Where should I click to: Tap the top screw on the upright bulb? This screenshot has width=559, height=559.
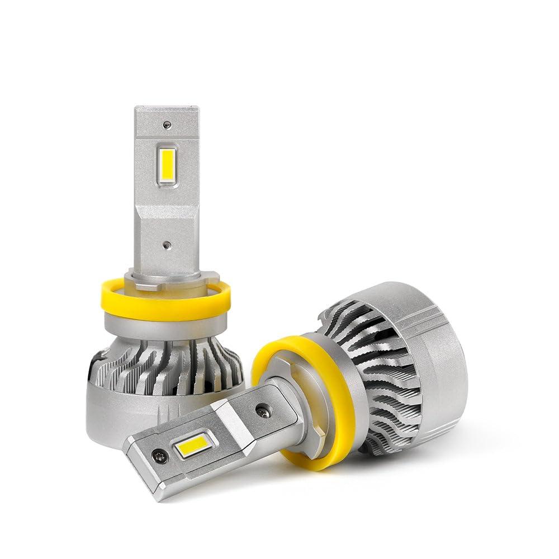tap(167, 125)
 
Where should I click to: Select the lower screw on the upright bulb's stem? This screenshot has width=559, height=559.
tap(167, 245)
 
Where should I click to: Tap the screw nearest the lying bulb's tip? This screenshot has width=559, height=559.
tap(160, 457)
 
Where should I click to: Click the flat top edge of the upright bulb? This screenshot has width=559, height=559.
tap(167, 108)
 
